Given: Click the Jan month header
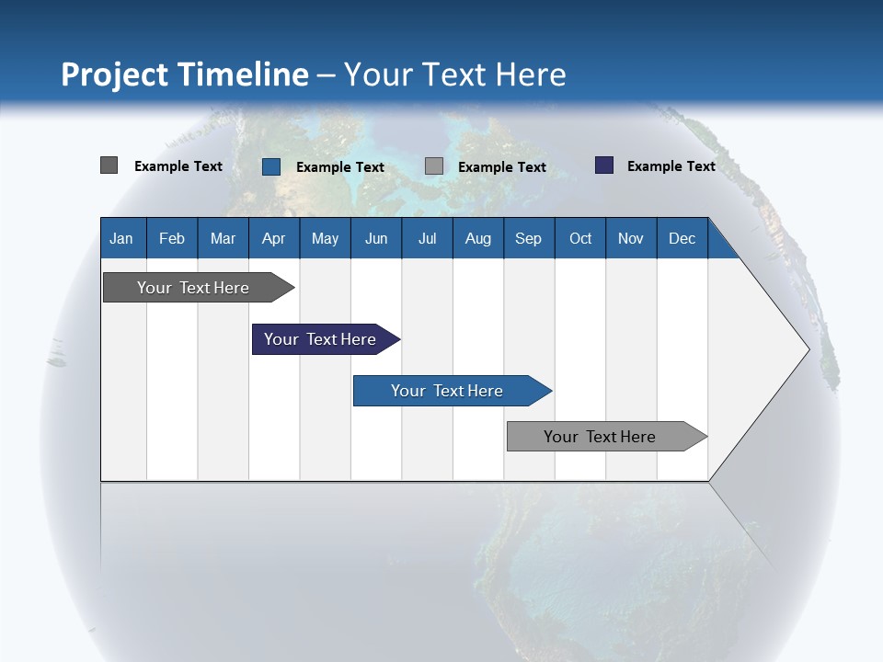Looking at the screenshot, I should click(121, 238).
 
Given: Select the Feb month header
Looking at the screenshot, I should click(172, 238).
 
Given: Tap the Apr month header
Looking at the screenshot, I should click(273, 238).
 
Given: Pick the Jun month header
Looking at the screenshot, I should click(376, 238).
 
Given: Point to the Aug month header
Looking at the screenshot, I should click(477, 238).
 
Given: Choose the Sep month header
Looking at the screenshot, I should click(528, 238).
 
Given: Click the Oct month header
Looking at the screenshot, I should click(580, 238).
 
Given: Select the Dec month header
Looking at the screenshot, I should click(682, 238).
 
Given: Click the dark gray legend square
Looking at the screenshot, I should click(109, 165).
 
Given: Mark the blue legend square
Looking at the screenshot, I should click(271, 166).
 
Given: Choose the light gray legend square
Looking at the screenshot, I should click(434, 166).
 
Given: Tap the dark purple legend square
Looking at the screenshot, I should click(604, 165).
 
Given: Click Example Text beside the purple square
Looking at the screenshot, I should click(671, 166).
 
